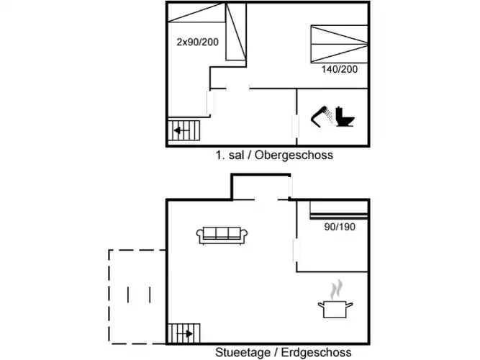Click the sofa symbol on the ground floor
point(222,233)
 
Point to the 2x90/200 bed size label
point(197,42)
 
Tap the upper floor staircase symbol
point(184,132)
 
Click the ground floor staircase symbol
point(184,333)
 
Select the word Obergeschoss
point(294,155)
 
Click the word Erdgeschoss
point(317,352)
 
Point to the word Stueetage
point(242,352)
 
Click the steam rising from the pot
point(335,291)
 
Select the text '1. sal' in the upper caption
point(228,155)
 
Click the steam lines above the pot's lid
point(335,291)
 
